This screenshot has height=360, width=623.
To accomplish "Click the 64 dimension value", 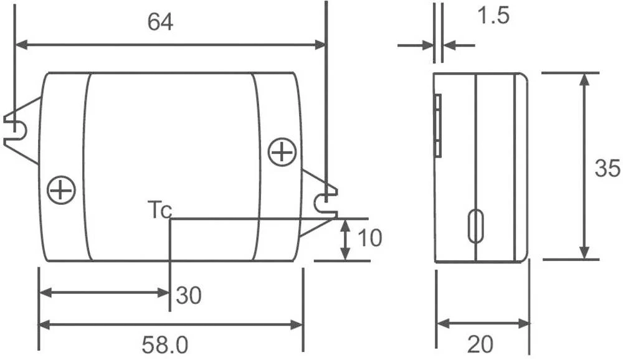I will coord(160,22).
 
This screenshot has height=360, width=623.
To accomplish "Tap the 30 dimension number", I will coord(189,295).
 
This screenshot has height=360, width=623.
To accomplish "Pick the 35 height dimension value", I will coord(607,168).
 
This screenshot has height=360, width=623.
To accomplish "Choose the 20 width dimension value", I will coord(480,344).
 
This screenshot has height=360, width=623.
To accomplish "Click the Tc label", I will coord(159,210).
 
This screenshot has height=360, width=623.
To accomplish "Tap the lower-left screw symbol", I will coord(61,189).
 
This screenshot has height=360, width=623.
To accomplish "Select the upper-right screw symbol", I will coord(282,152).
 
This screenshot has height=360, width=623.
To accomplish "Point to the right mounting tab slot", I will coord(325,201).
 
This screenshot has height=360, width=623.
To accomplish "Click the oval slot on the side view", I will coord(475,225).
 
